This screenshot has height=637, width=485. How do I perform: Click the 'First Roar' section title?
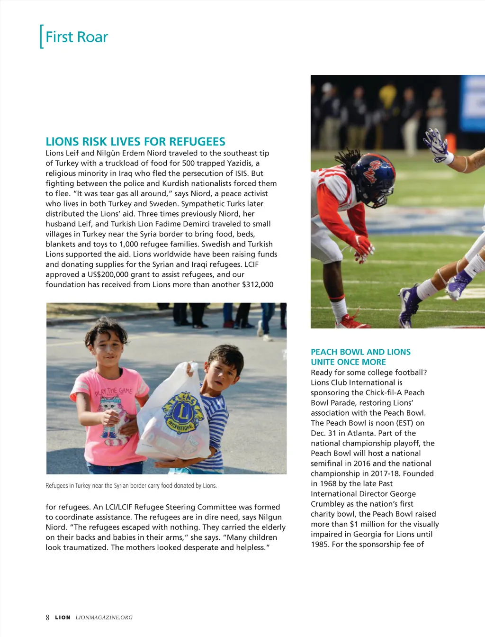point(76,37)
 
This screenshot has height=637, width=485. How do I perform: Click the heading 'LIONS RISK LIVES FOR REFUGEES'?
point(135,142)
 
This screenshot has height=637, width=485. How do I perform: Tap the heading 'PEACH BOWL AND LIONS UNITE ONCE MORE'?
point(360,357)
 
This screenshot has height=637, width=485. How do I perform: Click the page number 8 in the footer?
point(47,618)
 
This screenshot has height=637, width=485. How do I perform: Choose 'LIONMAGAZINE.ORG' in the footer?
point(104,618)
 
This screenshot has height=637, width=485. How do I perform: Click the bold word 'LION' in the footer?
point(63,618)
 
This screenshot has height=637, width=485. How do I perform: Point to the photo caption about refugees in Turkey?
point(131,486)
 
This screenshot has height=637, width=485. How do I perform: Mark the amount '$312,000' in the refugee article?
point(258,284)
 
